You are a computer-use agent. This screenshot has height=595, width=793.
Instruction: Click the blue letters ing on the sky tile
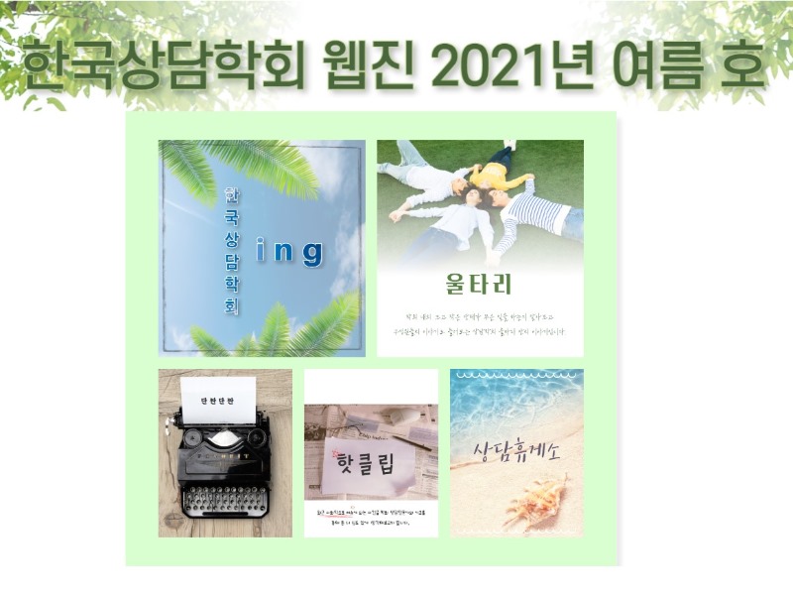[x=289, y=253]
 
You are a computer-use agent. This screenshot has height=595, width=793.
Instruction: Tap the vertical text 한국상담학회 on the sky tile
[x=231, y=249]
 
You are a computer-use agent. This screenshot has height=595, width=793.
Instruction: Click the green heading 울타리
[x=480, y=285]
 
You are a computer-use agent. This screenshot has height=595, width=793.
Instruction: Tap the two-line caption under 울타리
[x=480, y=324]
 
